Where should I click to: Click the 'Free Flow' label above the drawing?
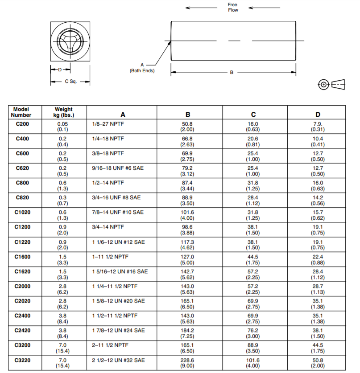click(x=233, y=8)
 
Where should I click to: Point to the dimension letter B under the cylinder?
click(x=232, y=72)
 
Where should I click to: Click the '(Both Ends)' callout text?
click(x=142, y=71)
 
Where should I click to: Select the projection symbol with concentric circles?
click(x=323, y=84)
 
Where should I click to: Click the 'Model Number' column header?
click(x=22, y=112)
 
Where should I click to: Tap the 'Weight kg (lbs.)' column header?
click(x=63, y=112)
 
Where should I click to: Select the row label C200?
click(x=22, y=124)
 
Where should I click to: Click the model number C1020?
click(x=22, y=212)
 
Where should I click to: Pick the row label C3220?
click(x=22, y=360)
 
